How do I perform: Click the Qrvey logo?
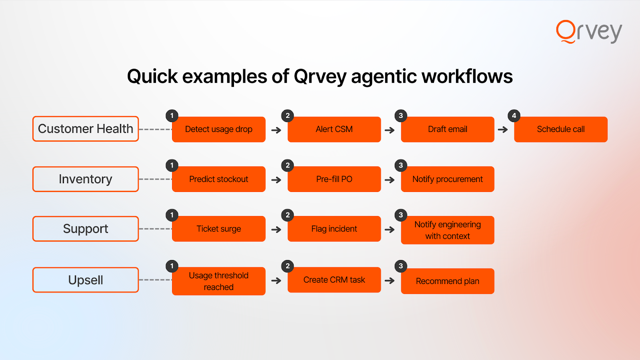pos(589,32)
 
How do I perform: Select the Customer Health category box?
pos(86,129)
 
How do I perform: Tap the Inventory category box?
pos(86,179)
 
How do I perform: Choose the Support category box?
pos(86,229)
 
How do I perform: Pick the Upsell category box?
pos(86,280)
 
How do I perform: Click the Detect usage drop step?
pos(218,130)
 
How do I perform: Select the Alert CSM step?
pos(334,130)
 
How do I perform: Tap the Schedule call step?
pos(560,130)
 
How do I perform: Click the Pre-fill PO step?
pos(334,179)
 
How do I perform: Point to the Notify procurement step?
pos(448,179)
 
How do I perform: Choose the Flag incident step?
pos(334,229)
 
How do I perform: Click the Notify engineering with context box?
pos(448,230)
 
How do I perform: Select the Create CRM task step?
pos(334,280)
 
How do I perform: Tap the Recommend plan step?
pos(448,281)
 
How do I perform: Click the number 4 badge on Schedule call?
pos(514,116)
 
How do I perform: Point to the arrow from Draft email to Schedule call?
pos(502,130)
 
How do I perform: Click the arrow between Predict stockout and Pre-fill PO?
pos(276,180)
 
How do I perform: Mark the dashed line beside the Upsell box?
pos(156,280)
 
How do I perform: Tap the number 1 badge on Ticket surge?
pos(172,215)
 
